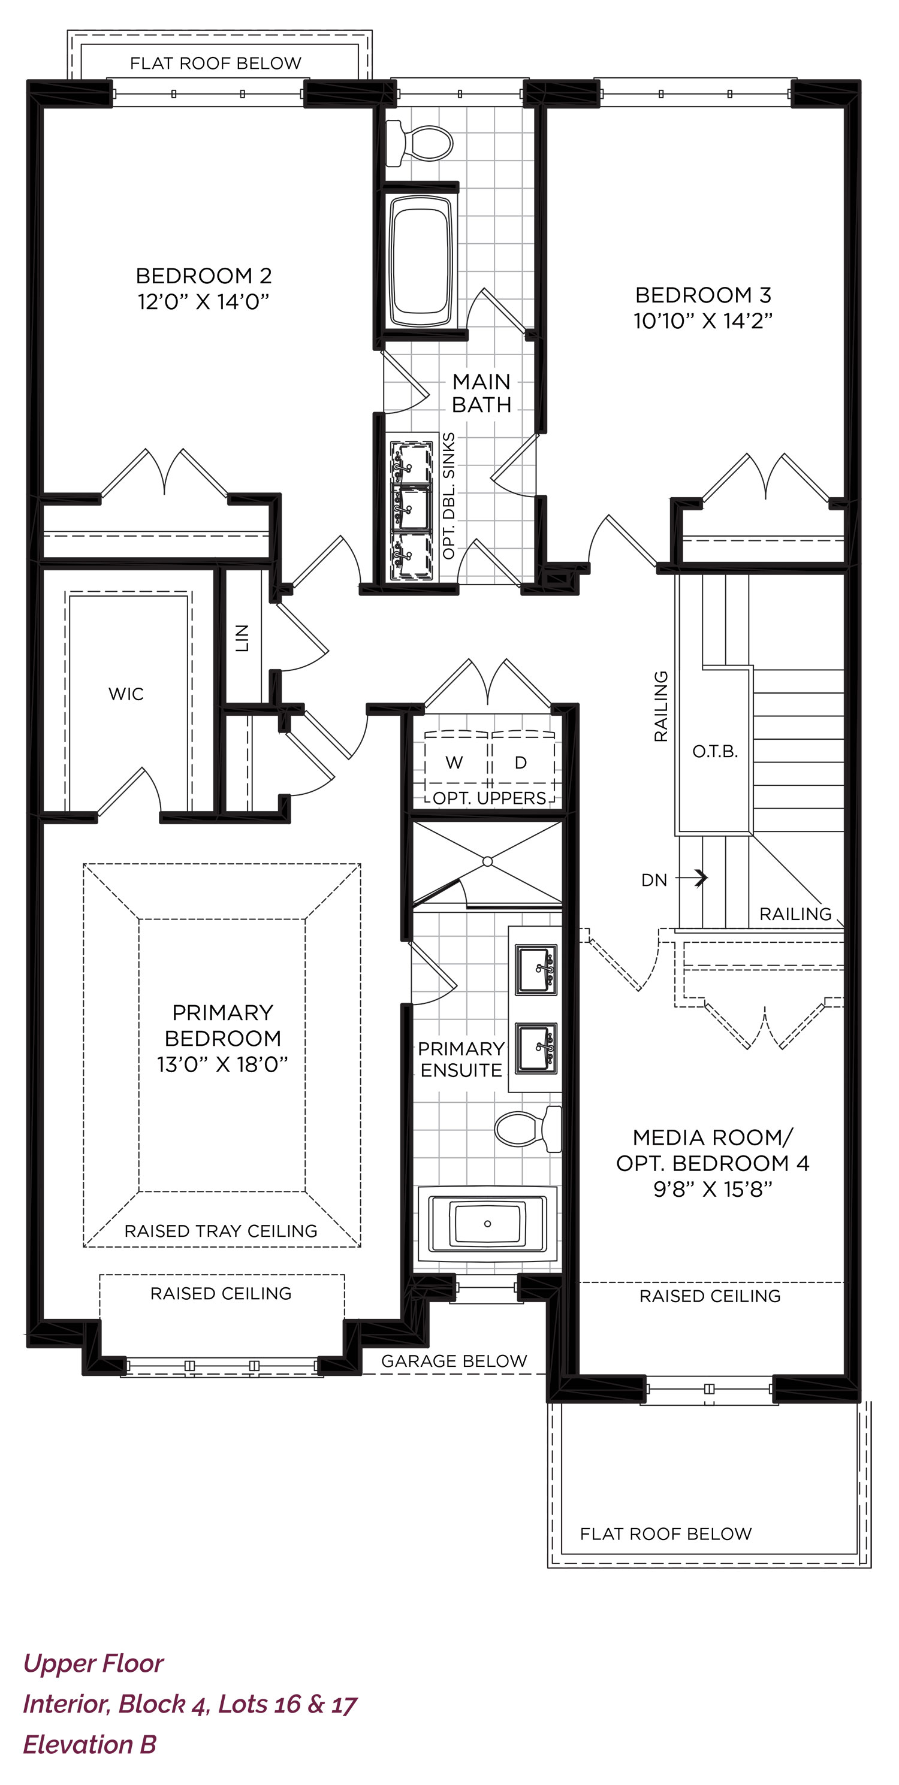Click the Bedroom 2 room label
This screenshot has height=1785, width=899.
click(x=204, y=276)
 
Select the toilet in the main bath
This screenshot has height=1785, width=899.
click(x=419, y=143)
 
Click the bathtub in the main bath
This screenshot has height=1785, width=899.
click(x=420, y=261)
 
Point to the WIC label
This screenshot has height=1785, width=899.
click(x=126, y=694)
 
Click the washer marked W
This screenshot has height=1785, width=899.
click(x=454, y=763)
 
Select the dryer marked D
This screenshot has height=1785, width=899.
click(x=521, y=763)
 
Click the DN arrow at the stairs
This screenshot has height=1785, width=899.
click(x=692, y=878)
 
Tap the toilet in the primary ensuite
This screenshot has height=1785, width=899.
click(x=527, y=1129)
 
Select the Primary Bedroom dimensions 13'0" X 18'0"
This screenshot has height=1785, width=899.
click(x=222, y=1064)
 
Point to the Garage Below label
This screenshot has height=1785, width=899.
click(x=454, y=1361)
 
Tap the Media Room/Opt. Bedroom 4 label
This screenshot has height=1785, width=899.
click(x=713, y=1150)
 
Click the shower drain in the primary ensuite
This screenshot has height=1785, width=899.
click(x=487, y=861)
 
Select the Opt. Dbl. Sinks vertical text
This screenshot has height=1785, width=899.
click(x=448, y=496)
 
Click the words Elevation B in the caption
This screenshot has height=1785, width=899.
click(x=90, y=1744)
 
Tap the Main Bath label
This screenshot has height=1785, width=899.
click(x=482, y=393)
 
